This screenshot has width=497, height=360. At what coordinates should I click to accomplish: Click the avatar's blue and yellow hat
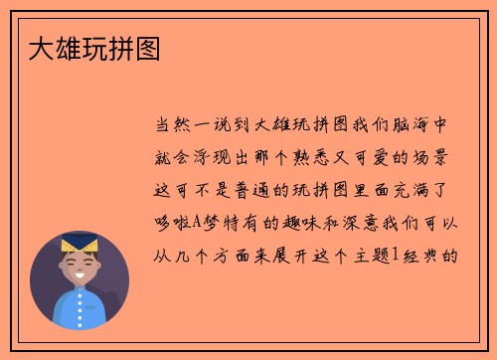pos(79,243)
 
